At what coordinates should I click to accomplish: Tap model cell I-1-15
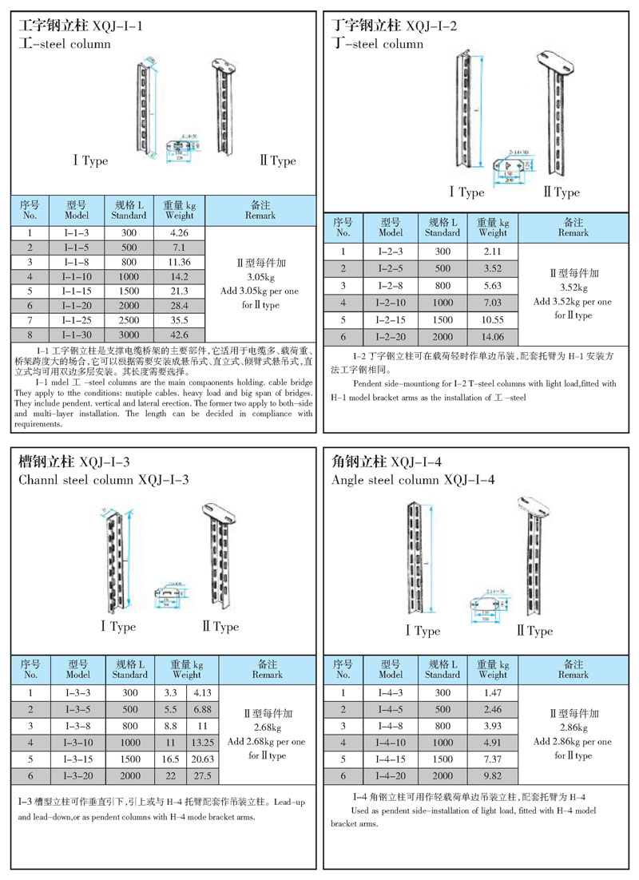[79, 291]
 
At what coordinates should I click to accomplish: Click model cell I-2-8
[391, 285]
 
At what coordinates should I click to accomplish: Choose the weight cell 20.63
[201, 759]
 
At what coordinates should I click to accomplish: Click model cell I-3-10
[79, 743]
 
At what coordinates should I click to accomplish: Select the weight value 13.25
[201, 743]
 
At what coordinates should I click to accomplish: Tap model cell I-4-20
[391, 775]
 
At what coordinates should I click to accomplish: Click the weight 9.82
[492, 775]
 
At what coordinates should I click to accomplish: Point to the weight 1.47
[492, 693]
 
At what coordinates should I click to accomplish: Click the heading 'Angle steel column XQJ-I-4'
[413, 480]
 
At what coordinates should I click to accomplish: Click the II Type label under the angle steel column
[534, 631]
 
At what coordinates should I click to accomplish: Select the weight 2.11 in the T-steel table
[492, 252]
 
